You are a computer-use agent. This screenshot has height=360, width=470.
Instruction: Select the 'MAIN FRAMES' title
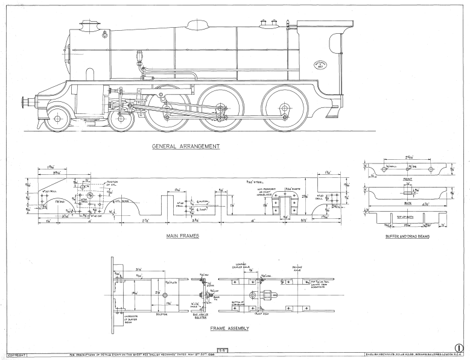coord(183,235)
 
